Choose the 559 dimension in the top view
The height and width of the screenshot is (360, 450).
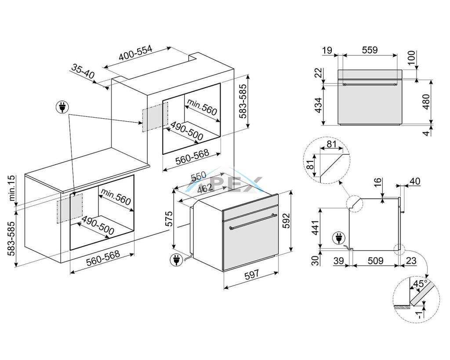tap(370, 50)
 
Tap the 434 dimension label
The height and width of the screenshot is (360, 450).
tap(318, 105)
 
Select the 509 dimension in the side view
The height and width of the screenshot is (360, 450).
tap(375, 261)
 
